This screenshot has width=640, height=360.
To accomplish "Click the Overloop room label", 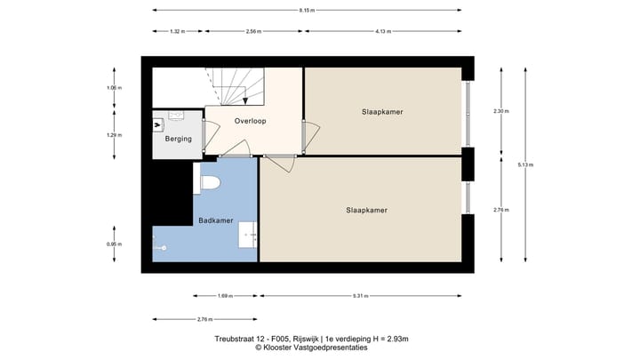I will tap(250, 120).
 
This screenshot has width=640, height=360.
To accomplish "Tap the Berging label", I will tap(178, 139).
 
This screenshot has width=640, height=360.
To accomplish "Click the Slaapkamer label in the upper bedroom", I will tap(382, 112).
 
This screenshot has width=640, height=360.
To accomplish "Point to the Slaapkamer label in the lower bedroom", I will tap(366, 210).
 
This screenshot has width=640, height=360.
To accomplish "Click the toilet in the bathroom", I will tap(210, 183).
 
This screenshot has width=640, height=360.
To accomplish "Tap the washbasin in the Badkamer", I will tap(248, 236).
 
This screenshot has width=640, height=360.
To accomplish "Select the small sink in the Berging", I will tap(175, 116).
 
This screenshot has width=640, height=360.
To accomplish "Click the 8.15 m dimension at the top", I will tap(307, 10).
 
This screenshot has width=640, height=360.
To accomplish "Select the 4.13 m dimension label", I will tap(383, 31).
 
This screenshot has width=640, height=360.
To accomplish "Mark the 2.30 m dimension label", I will tap(500, 111).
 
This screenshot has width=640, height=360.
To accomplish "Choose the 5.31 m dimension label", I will tap(360, 296).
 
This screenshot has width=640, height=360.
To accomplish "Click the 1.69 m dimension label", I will tap(226, 296).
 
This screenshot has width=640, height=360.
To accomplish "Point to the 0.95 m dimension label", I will tap(115, 244).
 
